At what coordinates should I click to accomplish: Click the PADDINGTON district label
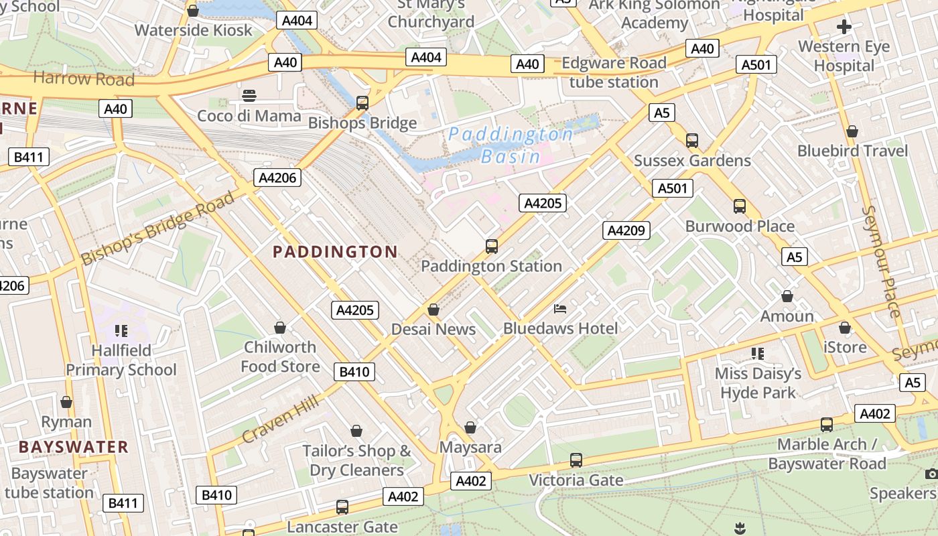[x=335, y=252]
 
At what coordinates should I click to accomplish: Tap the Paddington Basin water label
[x=511, y=145]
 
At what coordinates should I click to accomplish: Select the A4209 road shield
[x=626, y=230]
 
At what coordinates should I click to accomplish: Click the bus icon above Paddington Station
[x=492, y=247]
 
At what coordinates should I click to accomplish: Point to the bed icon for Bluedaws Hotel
[x=560, y=309]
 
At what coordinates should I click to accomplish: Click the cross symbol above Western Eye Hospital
[x=844, y=27]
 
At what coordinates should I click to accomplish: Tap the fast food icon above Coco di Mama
[x=249, y=96]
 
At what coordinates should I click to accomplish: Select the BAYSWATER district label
[x=73, y=447]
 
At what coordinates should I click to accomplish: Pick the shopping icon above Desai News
[x=433, y=310]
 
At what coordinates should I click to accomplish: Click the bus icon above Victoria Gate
[x=576, y=460]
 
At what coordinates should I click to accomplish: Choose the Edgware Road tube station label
[x=614, y=72]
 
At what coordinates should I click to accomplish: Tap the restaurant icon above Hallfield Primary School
[x=121, y=330]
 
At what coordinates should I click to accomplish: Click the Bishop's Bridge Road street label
[x=158, y=228]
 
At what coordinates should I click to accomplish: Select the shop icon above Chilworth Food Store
[x=280, y=328]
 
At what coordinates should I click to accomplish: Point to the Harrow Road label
[x=84, y=78]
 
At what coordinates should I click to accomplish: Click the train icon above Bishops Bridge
[x=362, y=103]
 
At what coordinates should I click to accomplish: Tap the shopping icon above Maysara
[x=470, y=427]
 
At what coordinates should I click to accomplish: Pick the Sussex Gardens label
[x=692, y=161]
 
